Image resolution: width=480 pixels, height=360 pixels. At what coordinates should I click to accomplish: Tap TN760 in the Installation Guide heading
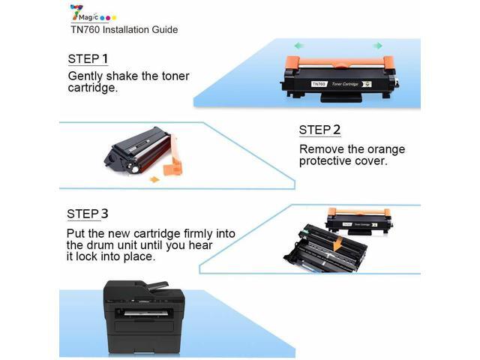tap(78, 30)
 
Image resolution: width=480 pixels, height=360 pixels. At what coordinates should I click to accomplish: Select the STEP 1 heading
tap(88, 58)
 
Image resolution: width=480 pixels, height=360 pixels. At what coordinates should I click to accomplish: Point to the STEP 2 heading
tap(319, 130)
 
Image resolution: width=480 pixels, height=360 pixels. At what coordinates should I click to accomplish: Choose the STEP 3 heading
tap(88, 214)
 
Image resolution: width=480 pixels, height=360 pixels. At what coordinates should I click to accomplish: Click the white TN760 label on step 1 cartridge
tap(319, 84)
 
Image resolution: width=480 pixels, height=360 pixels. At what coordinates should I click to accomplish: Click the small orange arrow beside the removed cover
tap(154, 179)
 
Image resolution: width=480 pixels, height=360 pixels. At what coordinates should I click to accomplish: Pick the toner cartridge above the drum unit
tap(360, 220)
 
